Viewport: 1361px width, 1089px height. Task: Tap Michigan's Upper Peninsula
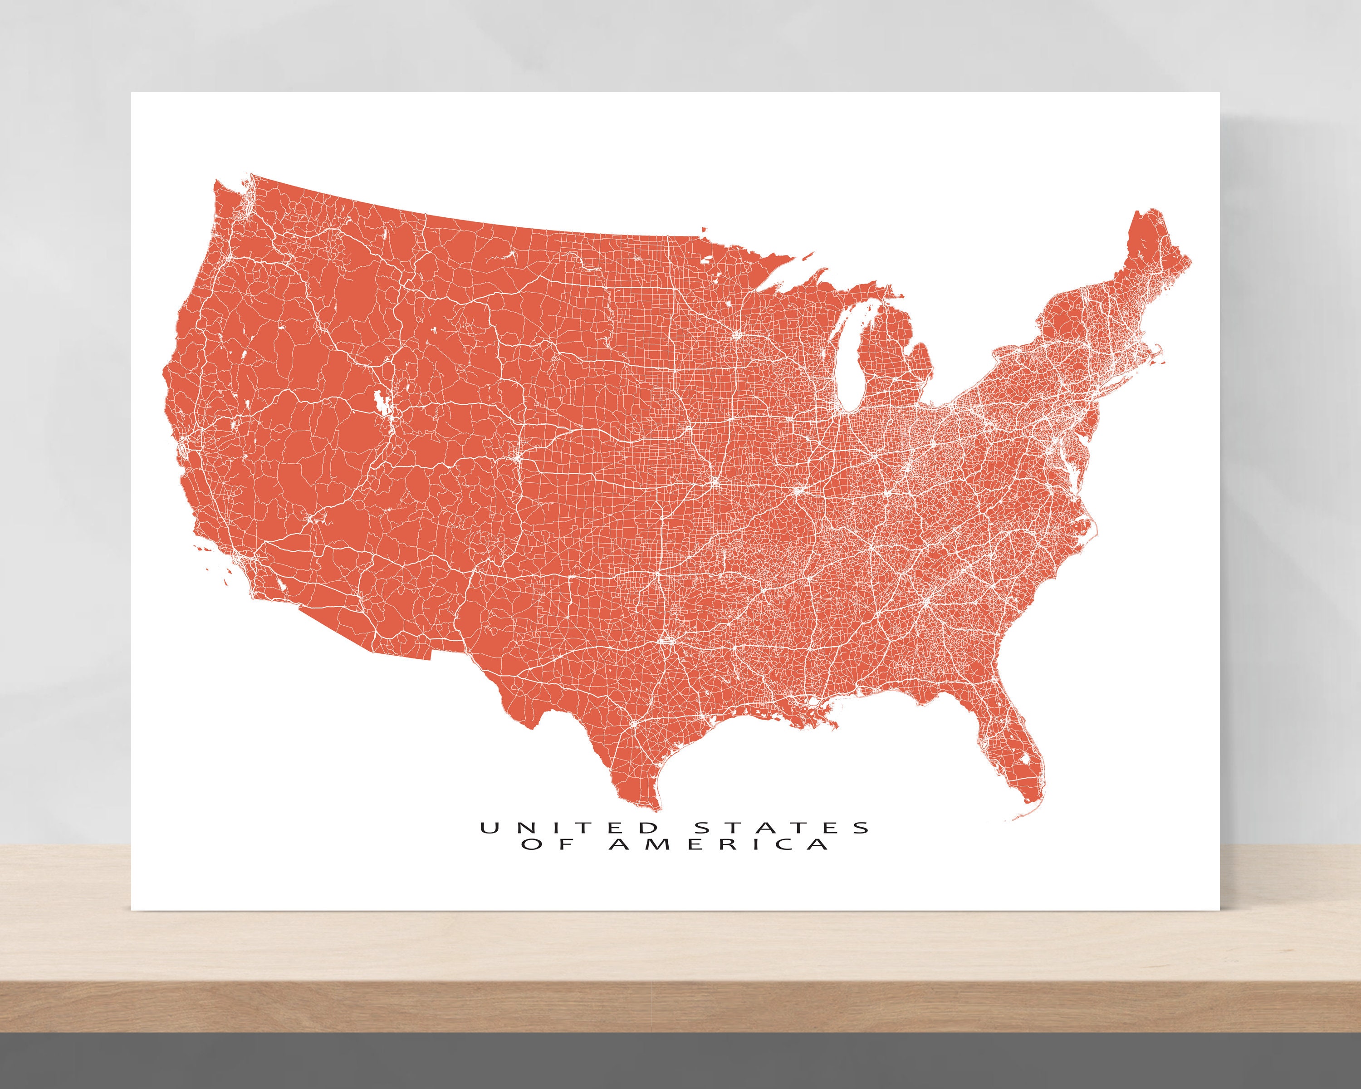pos(840,297)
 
